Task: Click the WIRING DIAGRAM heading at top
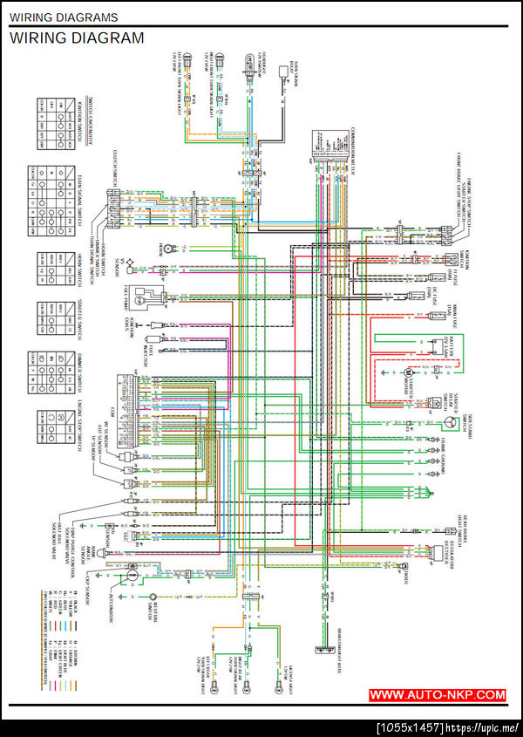tap(77, 38)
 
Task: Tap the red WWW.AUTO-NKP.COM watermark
tap(437, 695)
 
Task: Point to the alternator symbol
tap(130, 576)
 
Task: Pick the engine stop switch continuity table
tap(52, 427)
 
